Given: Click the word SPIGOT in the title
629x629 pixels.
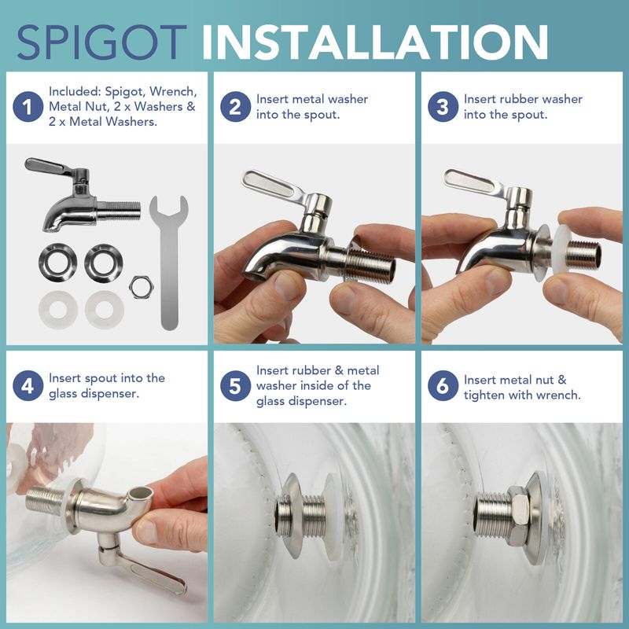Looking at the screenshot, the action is (102, 42).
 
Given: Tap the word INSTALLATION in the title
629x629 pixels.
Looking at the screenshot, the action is (375, 42).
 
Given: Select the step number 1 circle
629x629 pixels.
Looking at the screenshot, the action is (28, 107).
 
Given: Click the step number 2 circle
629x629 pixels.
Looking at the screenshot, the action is (235, 107).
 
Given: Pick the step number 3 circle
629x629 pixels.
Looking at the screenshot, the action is (443, 107).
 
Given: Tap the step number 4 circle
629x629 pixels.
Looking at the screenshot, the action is (28, 385).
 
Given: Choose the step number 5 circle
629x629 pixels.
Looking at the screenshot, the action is (235, 385).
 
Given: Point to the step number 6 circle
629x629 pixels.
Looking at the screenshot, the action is (443, 385).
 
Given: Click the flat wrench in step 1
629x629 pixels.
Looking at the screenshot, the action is (169, 265).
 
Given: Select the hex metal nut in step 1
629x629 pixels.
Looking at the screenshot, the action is (142, 287).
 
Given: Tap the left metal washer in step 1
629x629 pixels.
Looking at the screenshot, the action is (57, 263).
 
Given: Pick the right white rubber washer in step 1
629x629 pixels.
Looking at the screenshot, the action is (105, 310).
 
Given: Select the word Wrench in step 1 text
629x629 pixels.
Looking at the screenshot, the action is (173, 91).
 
